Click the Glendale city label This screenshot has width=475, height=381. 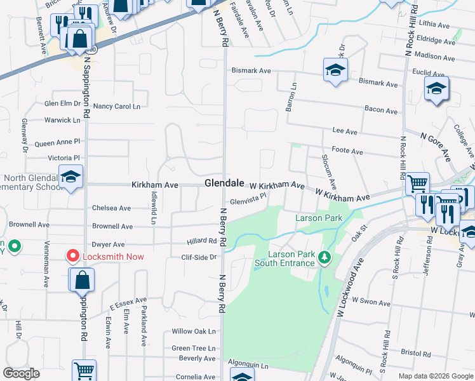[224, 183]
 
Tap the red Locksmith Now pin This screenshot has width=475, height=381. [73, 257]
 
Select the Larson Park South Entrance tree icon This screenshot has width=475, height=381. [324, 257]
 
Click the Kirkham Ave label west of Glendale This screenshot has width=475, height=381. [154, 185]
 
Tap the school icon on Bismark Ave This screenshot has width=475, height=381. [335, 70]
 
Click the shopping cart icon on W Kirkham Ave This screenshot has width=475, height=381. [417, 185]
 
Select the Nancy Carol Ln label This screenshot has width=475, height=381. [117, 106]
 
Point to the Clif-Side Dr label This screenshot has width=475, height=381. [199, 257]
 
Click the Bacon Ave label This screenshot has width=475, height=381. [381, 110]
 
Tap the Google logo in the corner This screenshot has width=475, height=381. [21, 373]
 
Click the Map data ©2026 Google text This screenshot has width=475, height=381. [435, 376]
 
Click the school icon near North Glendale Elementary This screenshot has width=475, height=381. [70, 177]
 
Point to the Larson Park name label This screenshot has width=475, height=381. [319, 218]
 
